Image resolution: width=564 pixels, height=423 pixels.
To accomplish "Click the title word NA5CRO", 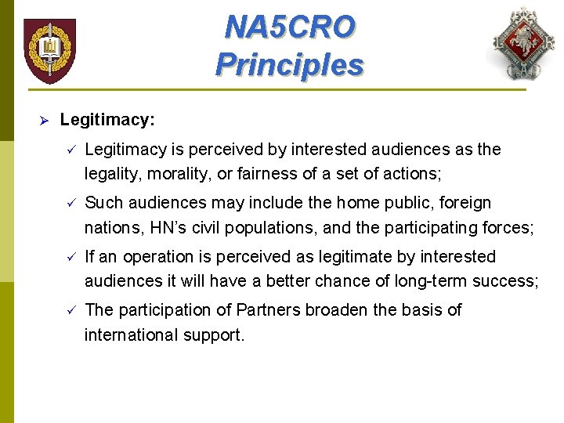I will click(290, 27).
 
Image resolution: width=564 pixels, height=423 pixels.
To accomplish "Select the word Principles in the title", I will click(290, 64).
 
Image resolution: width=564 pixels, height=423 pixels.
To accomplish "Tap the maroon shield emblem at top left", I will click(49, 50).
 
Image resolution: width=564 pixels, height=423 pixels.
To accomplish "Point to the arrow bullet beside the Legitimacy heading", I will click(45, 121).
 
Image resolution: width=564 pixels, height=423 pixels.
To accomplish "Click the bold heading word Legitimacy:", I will click(107, 120).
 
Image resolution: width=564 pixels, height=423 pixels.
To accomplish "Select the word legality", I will click(110, 174).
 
